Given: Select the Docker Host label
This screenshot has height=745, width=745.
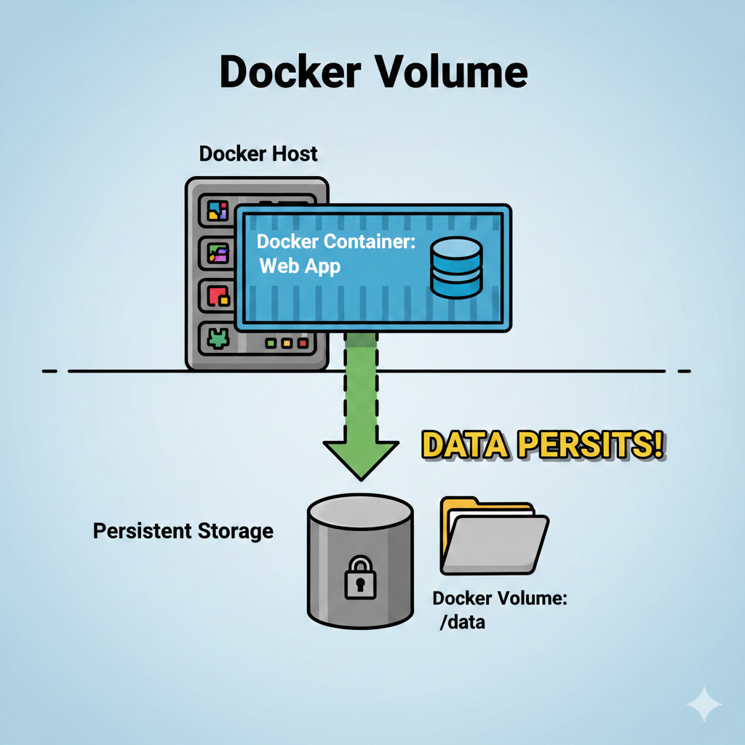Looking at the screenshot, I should point(258,154).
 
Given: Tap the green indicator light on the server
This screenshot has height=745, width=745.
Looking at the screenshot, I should point(271,342).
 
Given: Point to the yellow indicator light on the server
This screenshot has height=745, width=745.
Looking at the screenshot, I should point(286,342).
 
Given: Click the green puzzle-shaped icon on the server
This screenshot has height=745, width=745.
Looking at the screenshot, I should point(218,338).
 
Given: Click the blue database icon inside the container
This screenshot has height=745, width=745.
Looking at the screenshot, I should point(455,269).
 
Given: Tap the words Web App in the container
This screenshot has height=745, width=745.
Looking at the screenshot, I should point(300,266).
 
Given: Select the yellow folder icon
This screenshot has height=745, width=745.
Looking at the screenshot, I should point(493,535).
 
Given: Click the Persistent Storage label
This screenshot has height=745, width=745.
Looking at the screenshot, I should point(183,531).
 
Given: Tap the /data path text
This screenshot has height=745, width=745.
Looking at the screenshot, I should point(462,623).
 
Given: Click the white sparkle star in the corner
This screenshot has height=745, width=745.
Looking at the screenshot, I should point(704,704).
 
